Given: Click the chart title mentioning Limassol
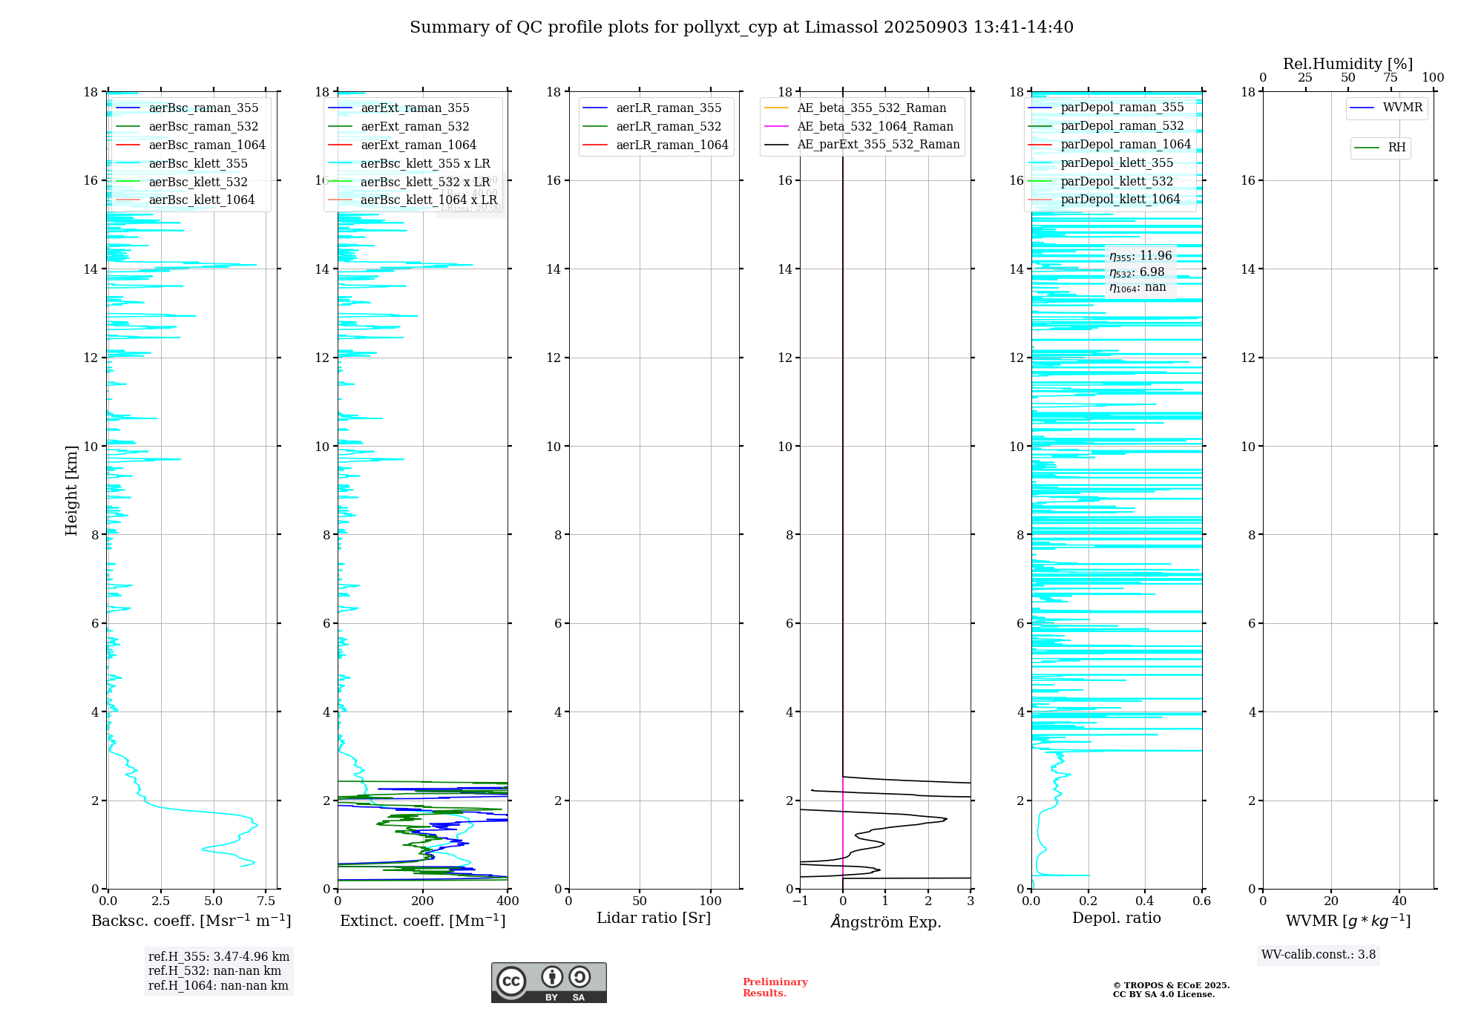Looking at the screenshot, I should [x=741, y=27].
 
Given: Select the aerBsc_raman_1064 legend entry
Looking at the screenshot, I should [x=206, y=145].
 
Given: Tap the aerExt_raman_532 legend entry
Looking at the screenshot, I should [x=415, y=126].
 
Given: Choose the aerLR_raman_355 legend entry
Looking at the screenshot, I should [x=668, y=108].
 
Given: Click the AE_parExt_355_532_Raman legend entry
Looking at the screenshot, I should [x=878, y=144].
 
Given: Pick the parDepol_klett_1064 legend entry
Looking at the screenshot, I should [x=1120, y=199].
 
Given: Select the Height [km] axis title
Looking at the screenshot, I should [x=71, y=490].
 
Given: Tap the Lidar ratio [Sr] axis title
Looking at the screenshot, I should [x=653, y=918].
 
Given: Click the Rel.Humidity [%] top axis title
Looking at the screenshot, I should [x=1347, y=64].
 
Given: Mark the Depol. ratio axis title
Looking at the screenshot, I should [x=1116, y=918].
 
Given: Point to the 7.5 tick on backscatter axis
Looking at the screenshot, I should [x=266, y=901].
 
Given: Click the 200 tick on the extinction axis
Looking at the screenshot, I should [x=423, y=901].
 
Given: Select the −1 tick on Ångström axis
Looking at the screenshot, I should [x=800, y=901].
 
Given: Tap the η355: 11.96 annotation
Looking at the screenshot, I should [x=1140, y=256].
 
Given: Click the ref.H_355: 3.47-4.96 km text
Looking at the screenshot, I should [x=218, y=957].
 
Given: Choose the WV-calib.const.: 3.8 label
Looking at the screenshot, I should [x=1319, y=955].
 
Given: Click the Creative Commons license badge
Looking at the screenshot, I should [x=548, y=982].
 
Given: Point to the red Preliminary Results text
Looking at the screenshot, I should [x=775, y=987].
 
